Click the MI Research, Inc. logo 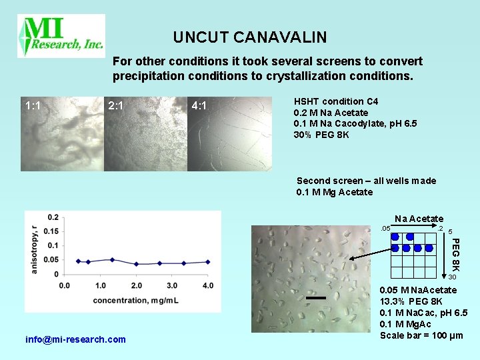click(x=61, y=36)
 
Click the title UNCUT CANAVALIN click(x=250, y=37)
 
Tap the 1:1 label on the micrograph click(x=33, y=105)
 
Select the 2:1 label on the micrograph click(x=116, y=105)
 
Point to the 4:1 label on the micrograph click(x=199, y=105)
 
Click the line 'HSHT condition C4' click(x=336, y=101)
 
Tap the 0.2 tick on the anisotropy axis click(x=53, y=217)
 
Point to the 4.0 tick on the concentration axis click(x=207, y=286)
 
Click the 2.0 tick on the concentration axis click(x=136, y=286)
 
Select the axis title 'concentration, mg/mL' click(x=135, y=300)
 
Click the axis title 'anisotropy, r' click(x=34, y=247)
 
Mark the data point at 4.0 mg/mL click(x=207, y=262)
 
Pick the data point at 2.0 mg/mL click(x=136, y=264)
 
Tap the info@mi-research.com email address click(x=75, y=339)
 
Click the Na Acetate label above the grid click(x=419, y=219)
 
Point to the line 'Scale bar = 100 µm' click(x=421, y=335)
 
